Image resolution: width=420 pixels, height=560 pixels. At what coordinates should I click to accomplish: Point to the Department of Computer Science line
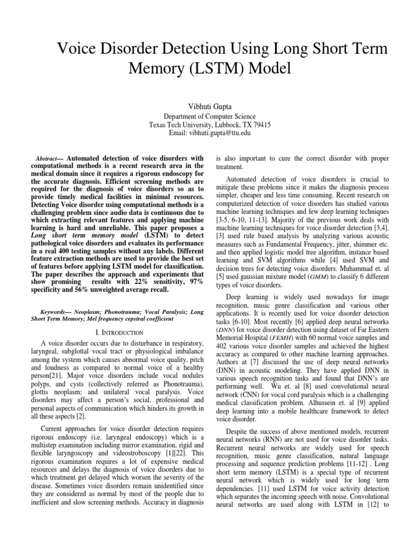[210, 115]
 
